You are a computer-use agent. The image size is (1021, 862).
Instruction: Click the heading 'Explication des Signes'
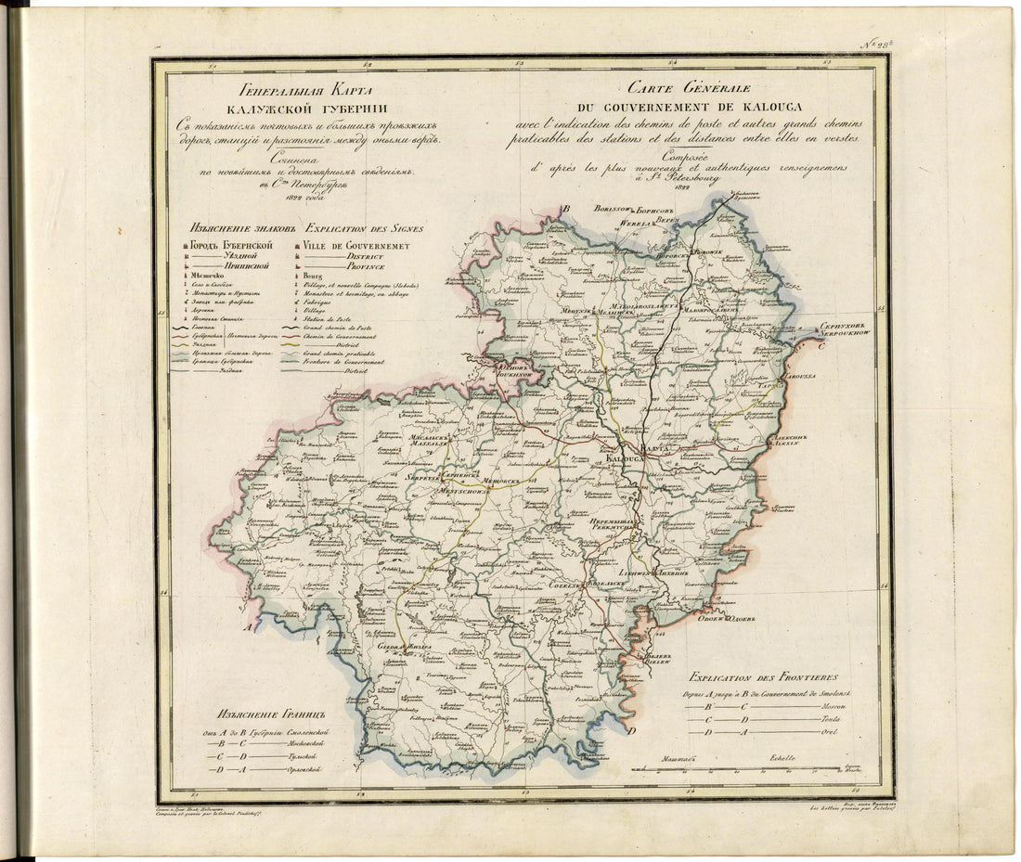pyautogui.click(x=364, y=227)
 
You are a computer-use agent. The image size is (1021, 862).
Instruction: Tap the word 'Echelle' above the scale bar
pyautogui.click(x=781, y=758)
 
